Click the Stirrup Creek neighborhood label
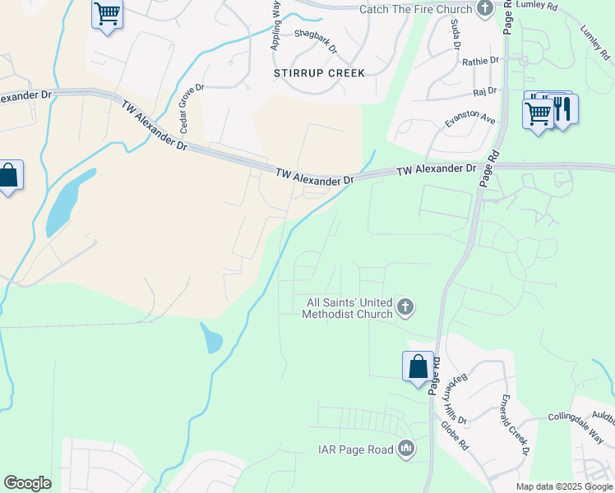[x=319, y=73]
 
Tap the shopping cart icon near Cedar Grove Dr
[x=107, y=15]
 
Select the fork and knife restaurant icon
[x=563, y=109]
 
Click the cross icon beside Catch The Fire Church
[x=486, y=9]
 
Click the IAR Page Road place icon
[x=406, y=449]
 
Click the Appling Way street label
[x=276, y=25]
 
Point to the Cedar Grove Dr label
[x=191, y=108]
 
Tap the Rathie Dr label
[x=481, y=61]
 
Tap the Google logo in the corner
[x=27, y=483]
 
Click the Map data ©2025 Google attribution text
[x=563, y=486]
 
